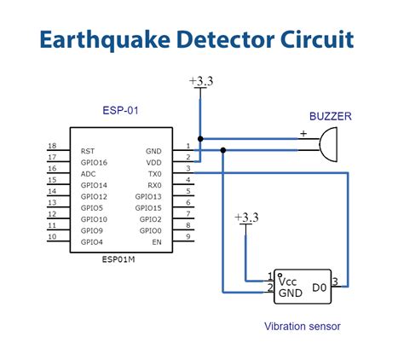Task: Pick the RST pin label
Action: pos(88,150)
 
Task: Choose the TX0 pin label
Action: pos(154,173)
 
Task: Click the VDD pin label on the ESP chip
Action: pos(153,161)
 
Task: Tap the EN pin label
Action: pos(156,242)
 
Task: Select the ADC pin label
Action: pos(89,173)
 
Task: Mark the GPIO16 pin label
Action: pos(94,161)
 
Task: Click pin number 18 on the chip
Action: pos(52,146)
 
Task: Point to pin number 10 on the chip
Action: pos(52,237)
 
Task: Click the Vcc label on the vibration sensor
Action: pos(288,281)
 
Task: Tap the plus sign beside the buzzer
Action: pos(303,133)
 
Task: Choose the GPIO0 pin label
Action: pos(151,230)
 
